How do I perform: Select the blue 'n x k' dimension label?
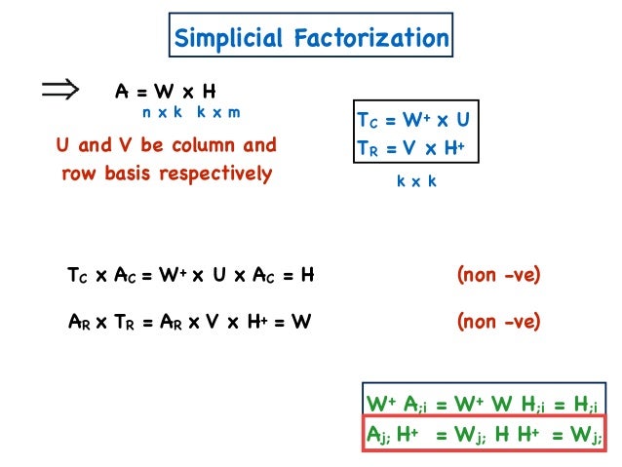click(x=166, y=113)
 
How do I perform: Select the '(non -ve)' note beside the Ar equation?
click(x=498, y=319)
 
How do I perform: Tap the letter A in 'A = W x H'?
click(x=121, y=92)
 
